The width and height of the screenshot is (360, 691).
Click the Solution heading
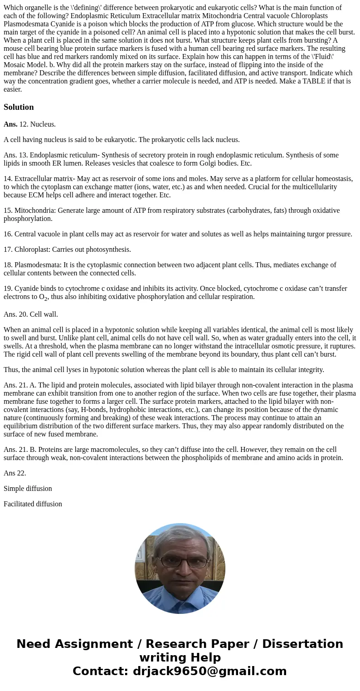(x=19, y=107)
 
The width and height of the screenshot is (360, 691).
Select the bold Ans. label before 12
(x=10, y=124)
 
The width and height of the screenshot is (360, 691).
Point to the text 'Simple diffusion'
(x=28, y=489)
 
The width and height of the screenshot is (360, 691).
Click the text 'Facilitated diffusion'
(x=33, y=504)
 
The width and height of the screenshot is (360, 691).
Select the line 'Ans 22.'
(x=15, y=473)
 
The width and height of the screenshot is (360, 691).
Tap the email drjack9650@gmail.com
(x=210, y=671)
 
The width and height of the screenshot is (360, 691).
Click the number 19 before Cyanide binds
(x=8, y=289)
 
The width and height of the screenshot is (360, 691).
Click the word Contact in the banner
(x=100, y=671)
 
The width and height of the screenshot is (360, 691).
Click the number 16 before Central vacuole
(x=8, y=234)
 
